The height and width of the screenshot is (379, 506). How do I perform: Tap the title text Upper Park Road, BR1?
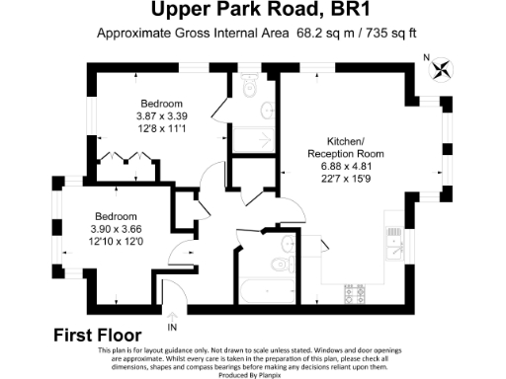pos(253,12)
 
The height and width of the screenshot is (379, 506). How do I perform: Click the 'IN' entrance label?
pos(173,327)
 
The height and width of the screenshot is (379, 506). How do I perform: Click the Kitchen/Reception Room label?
pos(341,148)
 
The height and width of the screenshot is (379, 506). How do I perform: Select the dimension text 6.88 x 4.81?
pos(341,168)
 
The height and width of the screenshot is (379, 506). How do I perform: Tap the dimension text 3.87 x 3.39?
pos(160,115)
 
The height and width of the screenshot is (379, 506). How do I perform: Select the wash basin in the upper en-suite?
pos(268,110)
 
